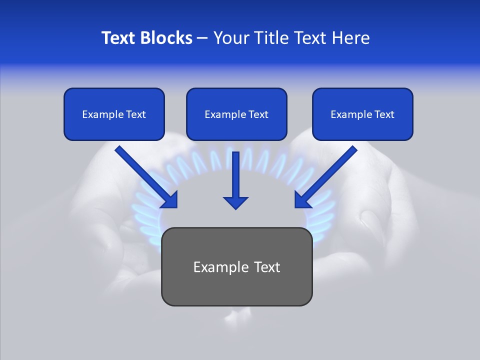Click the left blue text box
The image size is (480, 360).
[x=114, y=114]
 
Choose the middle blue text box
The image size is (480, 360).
[x=236, y=114]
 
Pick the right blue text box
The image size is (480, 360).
[x=362, y=114]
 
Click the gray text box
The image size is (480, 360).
[x=236, y=266]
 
